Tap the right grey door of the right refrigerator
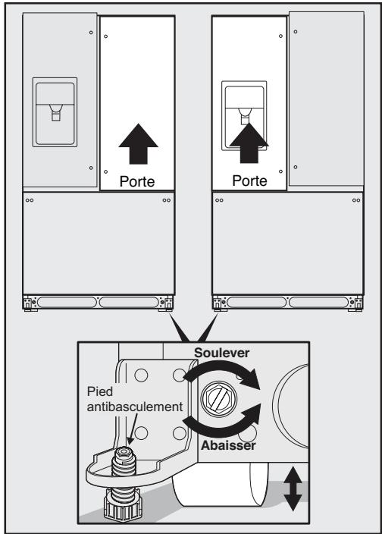point(324,99)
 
